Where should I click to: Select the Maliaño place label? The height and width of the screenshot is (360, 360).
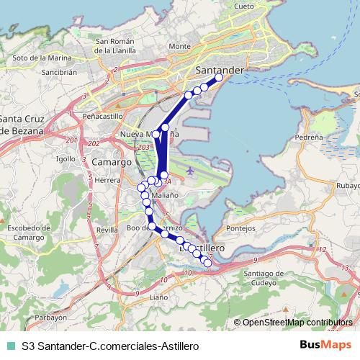coord(165,194)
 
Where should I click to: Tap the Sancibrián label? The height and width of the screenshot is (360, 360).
coord(59,73)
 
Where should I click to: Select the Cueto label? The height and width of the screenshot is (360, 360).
coord(244,6)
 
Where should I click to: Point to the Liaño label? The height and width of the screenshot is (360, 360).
coord(158,296)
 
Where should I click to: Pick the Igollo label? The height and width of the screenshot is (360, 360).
coord(66,158)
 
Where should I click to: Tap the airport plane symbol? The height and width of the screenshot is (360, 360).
coord(189,171)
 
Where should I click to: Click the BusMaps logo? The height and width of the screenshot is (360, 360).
coord(325,345)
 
